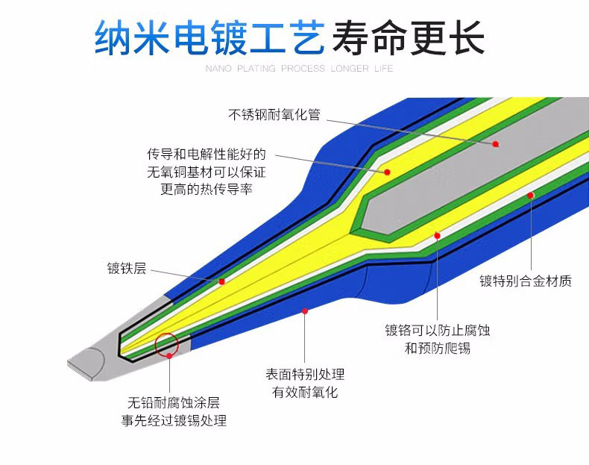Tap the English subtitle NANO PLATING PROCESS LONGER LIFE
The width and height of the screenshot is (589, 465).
tap(298, 69)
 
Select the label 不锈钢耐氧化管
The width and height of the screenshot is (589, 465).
tap(274, 115)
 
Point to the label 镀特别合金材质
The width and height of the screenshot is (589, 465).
tap(526, 281)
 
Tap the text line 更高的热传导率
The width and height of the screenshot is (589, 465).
tap(207, 190)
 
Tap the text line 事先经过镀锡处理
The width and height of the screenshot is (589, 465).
tap(174, 420)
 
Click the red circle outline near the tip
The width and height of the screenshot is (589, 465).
tap(166, 343)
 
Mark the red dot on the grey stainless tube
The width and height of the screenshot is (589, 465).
tap(496, 143)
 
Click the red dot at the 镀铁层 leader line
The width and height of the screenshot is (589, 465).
tap(221, 281)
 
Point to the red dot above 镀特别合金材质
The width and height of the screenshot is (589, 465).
tap(531, 196)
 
